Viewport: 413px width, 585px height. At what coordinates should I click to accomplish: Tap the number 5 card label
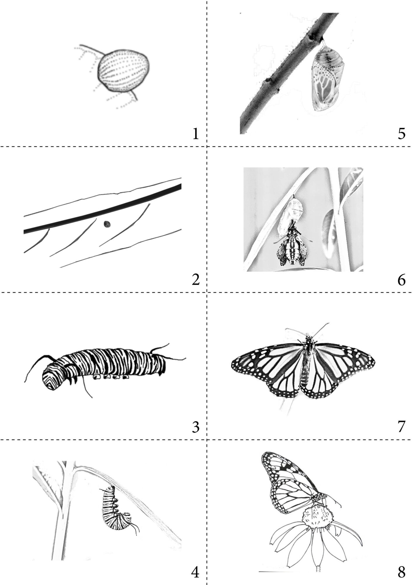401,134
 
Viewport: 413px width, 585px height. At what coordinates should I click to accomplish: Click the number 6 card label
401,281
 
